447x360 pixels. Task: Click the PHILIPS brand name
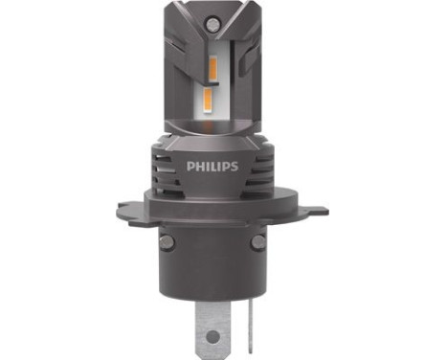[x=223, y=165]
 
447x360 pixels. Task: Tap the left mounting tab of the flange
[x=122, y=208]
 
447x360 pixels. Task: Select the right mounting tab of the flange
[x=323, y=208]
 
